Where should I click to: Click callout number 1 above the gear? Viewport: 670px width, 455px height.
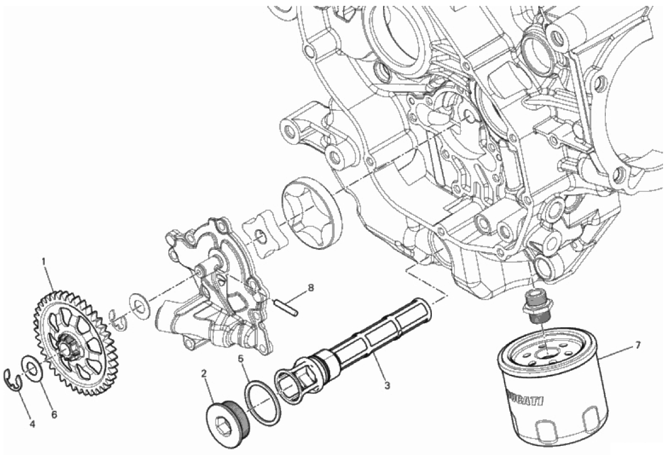point(44,260)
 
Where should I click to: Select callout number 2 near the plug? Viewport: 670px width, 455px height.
point(204,374)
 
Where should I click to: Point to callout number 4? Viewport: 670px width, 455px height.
point(32,424)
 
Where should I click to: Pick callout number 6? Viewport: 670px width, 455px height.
point(54,415)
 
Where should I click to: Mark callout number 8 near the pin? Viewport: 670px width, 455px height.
point(311,287)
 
